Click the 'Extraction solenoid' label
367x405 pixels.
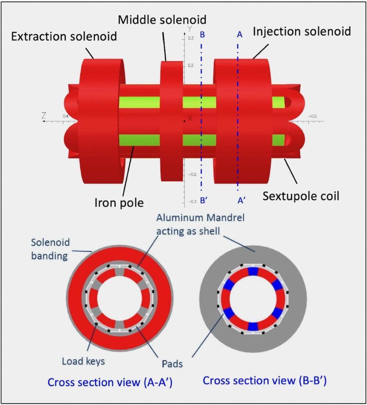point(64,36)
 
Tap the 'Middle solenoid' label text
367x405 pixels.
point(162,19)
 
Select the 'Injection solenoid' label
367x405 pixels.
point(302,31)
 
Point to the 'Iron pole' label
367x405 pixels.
point(119,202)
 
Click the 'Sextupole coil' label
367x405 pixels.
point(300,196)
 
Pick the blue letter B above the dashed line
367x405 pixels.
point(202,35)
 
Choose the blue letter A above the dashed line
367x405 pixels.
point(240,35)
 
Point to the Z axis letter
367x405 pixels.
point(45,116)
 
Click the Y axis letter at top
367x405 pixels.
point(189,28)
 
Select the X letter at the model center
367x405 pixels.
point(190,118)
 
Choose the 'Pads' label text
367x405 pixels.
point(172,364)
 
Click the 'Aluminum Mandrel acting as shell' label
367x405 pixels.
point(200,224)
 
